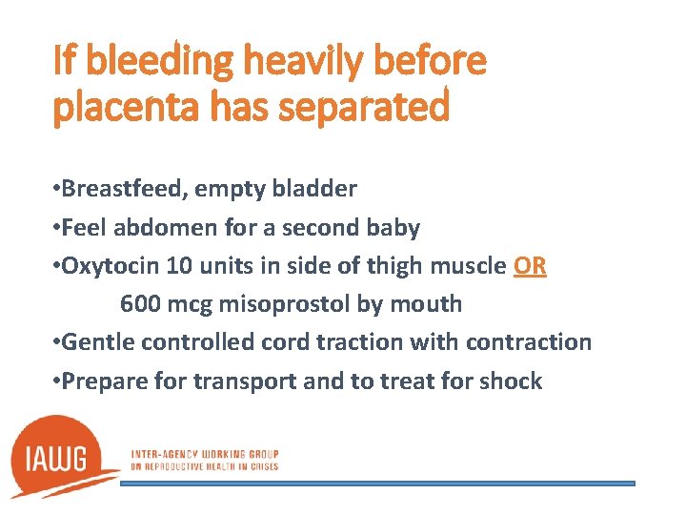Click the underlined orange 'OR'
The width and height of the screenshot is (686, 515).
(530, 266)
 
